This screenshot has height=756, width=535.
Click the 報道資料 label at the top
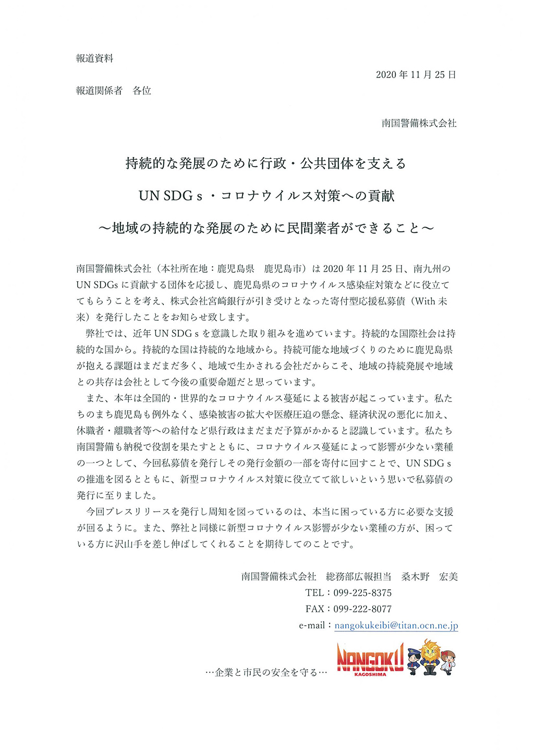click(x=94, y=59)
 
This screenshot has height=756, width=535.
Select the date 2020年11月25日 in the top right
click(x=416, y=75)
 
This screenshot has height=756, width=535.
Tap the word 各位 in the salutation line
click(x=142, y=91)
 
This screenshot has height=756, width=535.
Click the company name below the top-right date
click(x=419, y=123)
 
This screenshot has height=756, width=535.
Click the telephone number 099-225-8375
click(x=362, y=593)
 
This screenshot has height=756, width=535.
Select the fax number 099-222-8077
click(x=362, y=609)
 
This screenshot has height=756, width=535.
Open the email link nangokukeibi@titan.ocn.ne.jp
click(x=396, y=626)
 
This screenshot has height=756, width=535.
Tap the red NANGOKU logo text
click(x=370, y=658)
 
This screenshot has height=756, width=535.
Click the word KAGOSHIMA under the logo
click(x=370, y=674)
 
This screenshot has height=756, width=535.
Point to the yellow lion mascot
click(x=430, y=657)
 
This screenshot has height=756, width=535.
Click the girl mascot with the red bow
click(x=448, y=663)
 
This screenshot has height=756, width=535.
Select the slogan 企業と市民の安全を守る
click(x=266, y=673)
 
